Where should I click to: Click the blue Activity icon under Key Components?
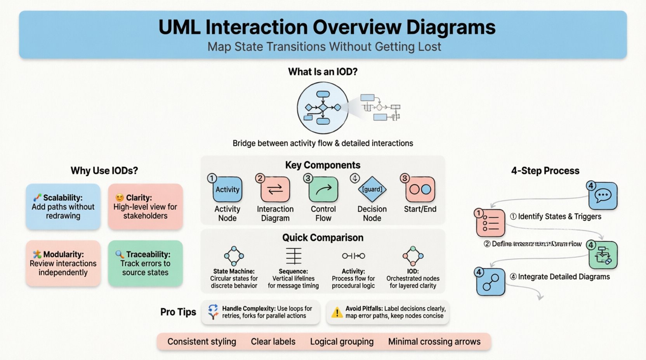tap(227, 190)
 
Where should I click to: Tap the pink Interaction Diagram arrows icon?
tap(275, 190)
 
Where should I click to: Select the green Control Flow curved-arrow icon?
tap(323, 190)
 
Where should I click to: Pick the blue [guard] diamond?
tap(372, 189)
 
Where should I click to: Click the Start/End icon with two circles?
tap(420, 190)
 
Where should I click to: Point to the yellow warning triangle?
tap(337, 313)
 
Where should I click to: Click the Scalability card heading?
tap(63, 197)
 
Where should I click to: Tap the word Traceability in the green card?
tap(148, 254)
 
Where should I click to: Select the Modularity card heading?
tap(63, 254)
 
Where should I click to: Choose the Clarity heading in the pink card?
tap(139, 197)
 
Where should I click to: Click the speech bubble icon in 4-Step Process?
tap(603, 196)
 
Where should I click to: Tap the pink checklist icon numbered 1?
tap(490, 223)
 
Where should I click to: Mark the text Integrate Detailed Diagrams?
tap(564, 277)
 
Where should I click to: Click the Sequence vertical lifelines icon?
tap(293, 256)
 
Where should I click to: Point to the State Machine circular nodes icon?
tap(234, 256)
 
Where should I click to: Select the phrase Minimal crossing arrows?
tap(434, 342)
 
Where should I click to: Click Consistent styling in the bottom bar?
tap(201, 342)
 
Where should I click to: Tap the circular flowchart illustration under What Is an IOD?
tap(323, 108)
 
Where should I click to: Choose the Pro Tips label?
tap(178, 312)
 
